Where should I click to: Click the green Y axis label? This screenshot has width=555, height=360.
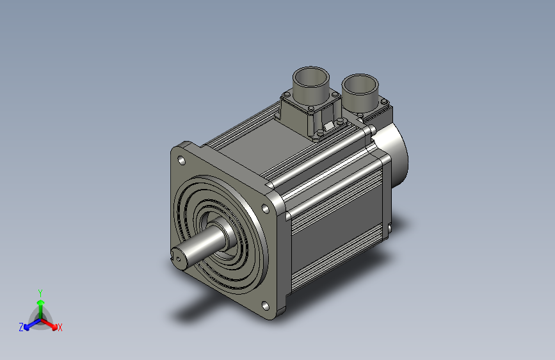click(x=40, y=291)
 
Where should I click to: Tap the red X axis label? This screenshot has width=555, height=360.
click(x=60, y=327)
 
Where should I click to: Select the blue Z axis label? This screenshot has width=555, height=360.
click(x=21, y=327)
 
